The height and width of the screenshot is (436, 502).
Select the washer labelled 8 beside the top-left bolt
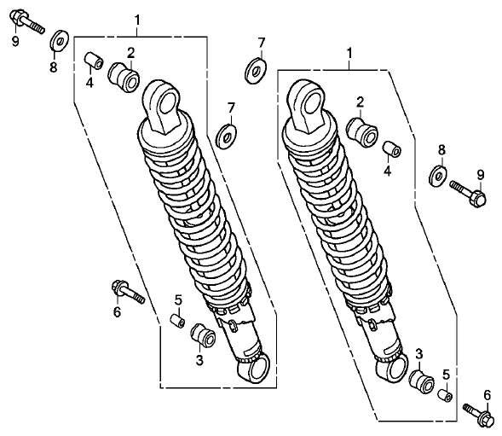(x=59, y=40)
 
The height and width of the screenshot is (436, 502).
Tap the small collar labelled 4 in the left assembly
(x=94, y=61)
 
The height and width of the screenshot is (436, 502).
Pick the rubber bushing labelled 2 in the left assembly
(x=124, y=78)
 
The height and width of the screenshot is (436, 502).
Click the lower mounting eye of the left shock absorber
(x=254, y=369)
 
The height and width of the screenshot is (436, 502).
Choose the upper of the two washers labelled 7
(x=256, y=71)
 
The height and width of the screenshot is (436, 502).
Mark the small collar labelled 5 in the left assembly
(x=177, y=322)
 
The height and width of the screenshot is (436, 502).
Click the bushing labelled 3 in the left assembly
(x=204, y=338)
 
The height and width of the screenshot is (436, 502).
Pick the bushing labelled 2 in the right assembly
(x=362, y=132)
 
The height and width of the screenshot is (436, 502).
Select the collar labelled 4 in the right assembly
(x=392, y=149)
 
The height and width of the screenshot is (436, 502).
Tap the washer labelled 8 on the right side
(x=438, y=176)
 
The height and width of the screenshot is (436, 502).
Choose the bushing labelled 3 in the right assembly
(x=422, y=382)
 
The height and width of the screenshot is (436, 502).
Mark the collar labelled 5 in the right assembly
(x=445, y=396)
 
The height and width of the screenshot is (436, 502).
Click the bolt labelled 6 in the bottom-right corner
(x=477, y=414)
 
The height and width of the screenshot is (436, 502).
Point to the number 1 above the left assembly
(x=137, y=20)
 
